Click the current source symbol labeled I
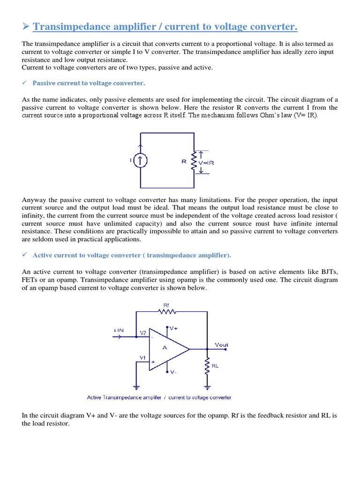pyautogui.click(x=141, y=161)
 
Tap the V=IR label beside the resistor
pyautogui.click(x=207, y=163)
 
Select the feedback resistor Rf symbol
pyautogui.click(x=167, y=311)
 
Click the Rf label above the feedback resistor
pyautogui.click(x=166, y=304)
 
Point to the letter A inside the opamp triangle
pyautogui.click(x=165, y=348)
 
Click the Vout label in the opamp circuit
pyautogui.click(x=221, y=345)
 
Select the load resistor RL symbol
pyautogui.click(x=207, y=366)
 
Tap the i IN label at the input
pyautogui.click(x=119, y=330)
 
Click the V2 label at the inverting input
pyautogui.click(x=143, y=332)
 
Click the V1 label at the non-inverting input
pyautogui.click(x=142, y=357)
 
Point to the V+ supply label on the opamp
pyautogui.click(x=174, y=329)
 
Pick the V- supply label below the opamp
pyautogui.click(x=173, y=372)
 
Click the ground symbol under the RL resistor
pyautogui.click(x=207, y=387)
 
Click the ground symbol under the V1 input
pyautogui.click(x=136, y=387)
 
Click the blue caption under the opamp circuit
pyautogui.click(x=159, y=397)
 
